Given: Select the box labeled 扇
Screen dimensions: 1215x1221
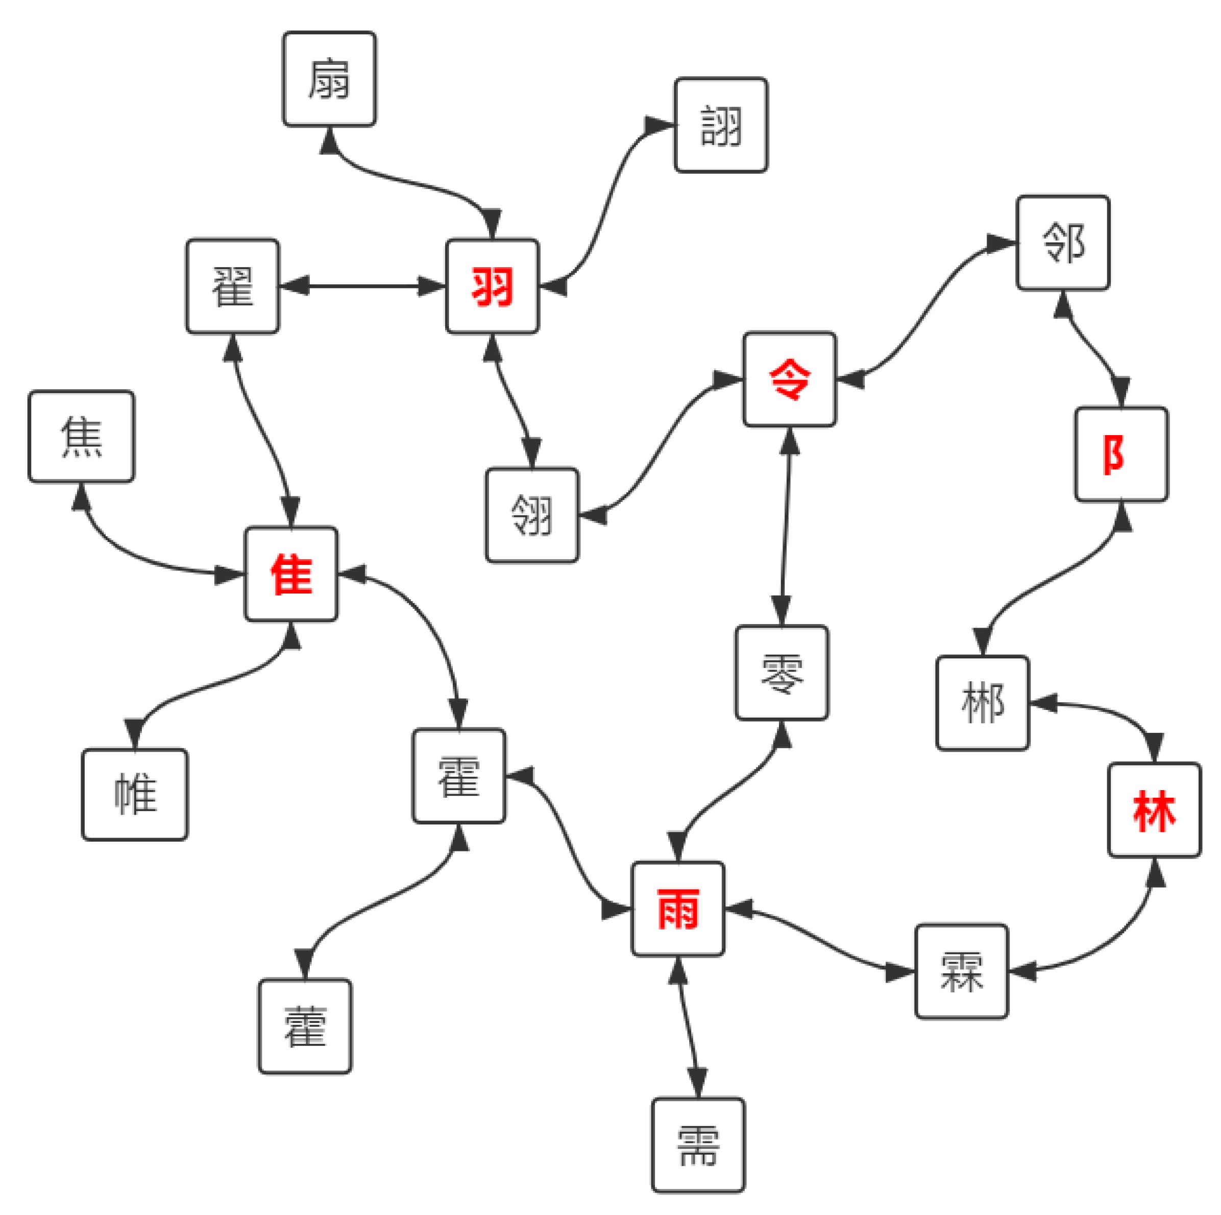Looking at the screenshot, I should pos(329,79).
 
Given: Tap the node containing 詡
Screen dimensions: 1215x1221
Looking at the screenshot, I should pos(721,125).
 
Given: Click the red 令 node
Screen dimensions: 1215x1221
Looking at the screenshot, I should pos(789,379).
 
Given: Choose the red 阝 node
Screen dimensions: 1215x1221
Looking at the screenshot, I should pos(1121,455).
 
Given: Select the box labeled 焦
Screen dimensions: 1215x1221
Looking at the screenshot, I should pos(82,436).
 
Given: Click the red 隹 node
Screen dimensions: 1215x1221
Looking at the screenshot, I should pos(291,574).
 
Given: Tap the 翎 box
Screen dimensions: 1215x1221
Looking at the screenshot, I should pos(532,515).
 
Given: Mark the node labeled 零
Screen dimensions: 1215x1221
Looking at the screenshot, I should pos(782,673).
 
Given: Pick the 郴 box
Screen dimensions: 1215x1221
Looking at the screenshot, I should pos(983,703).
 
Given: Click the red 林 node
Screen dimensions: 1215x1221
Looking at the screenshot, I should pos(1155,811).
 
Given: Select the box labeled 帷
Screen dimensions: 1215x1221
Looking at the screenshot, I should pos(135,795).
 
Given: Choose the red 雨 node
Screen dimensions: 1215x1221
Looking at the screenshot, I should pos(678,909).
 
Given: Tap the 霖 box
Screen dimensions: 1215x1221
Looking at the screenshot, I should pos(961,971).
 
